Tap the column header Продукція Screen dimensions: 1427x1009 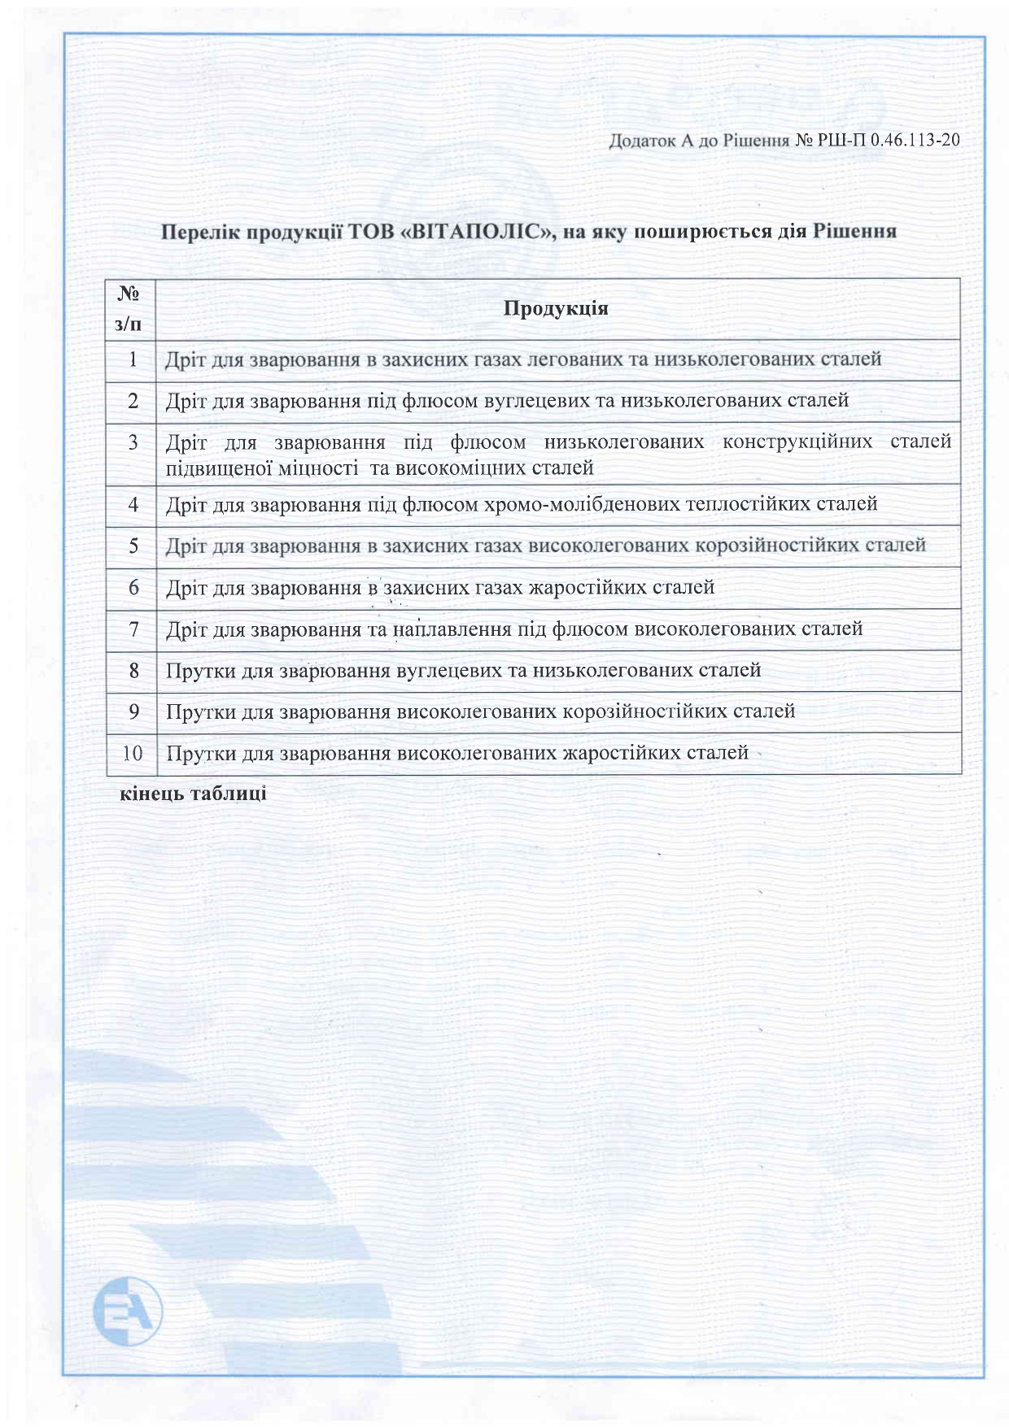(x=557, y=309)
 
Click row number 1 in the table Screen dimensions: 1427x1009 (x=132, y=359)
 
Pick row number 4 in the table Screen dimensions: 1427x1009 (x=133, y=505)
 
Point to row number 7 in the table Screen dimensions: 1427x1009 (x=133, y=629)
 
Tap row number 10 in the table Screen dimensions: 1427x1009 (x=132, y=753)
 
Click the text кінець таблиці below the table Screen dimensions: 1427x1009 (x=194, y=794)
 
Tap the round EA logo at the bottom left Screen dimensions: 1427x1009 (x=129, y=1311)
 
